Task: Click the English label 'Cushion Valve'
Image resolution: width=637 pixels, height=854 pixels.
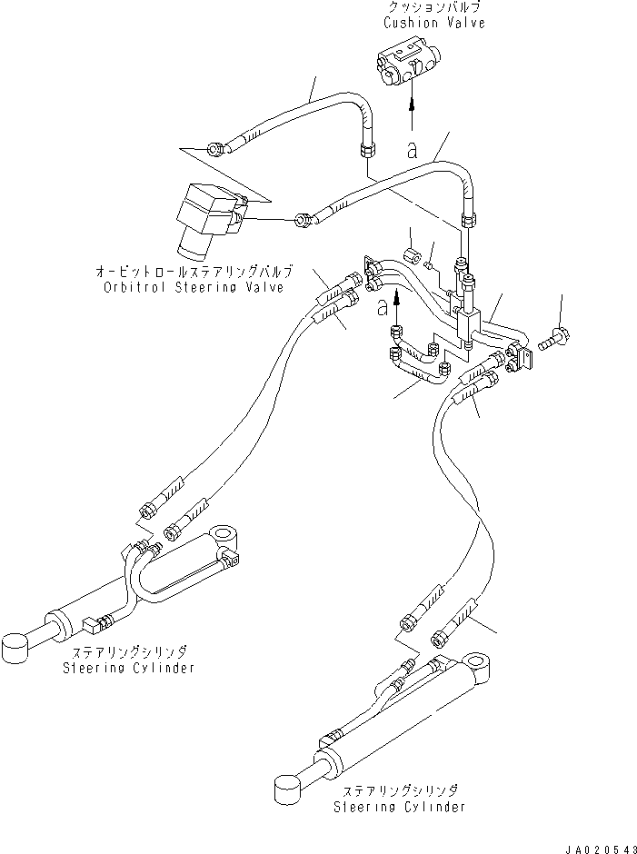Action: [x=433, y=23]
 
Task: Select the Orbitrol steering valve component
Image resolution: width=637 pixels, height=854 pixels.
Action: [x=206, y=218]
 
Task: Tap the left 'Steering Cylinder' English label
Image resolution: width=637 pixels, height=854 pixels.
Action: [x=128, y=669]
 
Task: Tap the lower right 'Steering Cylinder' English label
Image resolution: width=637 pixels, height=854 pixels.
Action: [x=400, y=806]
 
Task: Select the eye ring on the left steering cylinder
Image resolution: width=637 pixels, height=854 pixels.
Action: [x=224, y=538]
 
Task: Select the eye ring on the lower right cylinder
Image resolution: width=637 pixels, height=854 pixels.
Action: [x=480, y=665]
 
